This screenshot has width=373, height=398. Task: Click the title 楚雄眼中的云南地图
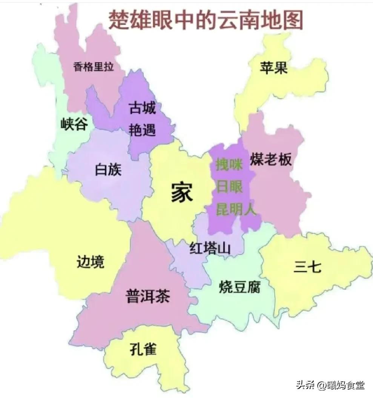click(206, 20)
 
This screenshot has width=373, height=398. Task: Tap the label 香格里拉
click(94, 67)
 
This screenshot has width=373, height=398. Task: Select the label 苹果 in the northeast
click(274, 68)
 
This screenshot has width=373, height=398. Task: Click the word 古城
click(142, 109)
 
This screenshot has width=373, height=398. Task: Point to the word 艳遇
click(142, 130)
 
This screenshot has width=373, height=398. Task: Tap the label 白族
click(109, 170)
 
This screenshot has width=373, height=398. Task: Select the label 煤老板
click(271, 160)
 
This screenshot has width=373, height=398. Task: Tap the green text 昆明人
click(236, 209)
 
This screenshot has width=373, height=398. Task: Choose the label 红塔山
click(210, 249)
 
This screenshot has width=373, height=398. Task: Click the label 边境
click(91, 261)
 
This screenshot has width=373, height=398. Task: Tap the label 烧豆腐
click(239, 288)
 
